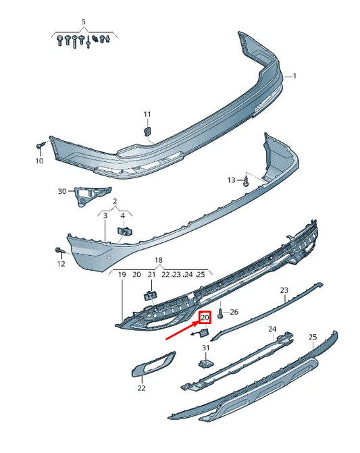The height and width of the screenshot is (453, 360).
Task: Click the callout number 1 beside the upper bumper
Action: click(294, 77)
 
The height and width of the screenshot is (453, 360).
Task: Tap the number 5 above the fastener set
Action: click(84, 22)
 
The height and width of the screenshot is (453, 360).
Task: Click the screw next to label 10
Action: click(41, 145)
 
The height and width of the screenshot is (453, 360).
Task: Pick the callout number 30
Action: click(62, 192)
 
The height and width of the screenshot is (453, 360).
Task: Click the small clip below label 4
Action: click(124, 232)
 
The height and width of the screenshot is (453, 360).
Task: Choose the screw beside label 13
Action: click(247, 182)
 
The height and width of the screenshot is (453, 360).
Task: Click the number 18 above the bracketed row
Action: click(159, 260)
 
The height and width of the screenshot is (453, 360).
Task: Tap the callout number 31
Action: click(206, 348)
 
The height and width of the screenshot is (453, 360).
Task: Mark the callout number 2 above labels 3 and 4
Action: click(115, 201)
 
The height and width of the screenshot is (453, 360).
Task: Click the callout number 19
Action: click(122, 275)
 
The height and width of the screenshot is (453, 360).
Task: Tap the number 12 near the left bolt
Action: click(61, 264)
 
